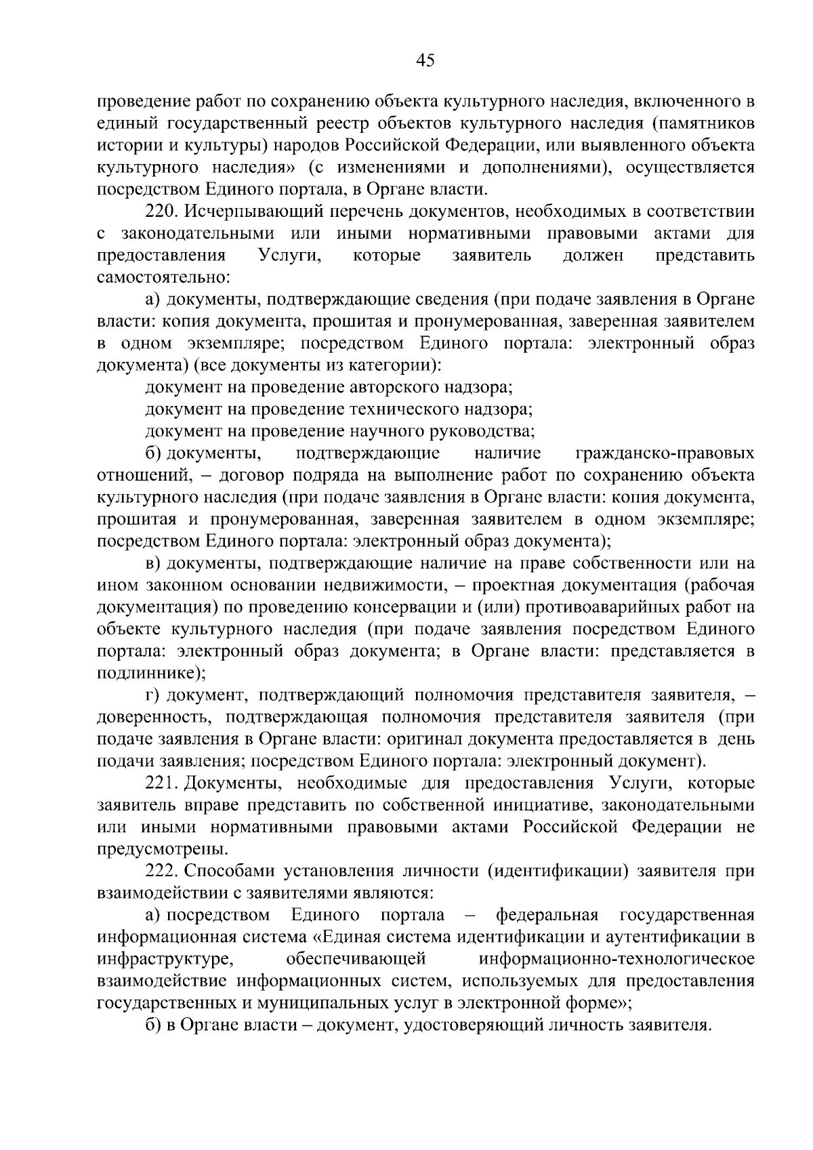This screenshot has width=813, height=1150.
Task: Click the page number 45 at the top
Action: tap(425, 60)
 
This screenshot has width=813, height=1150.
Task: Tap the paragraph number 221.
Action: tap(161, 783)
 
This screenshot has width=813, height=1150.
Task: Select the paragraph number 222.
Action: tap(161, 871)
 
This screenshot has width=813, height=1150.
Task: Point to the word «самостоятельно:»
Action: tap(165, 278)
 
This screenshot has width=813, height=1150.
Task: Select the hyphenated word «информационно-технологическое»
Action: tap(616, 959)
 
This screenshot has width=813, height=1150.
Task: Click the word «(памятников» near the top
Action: tap(711, 124)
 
